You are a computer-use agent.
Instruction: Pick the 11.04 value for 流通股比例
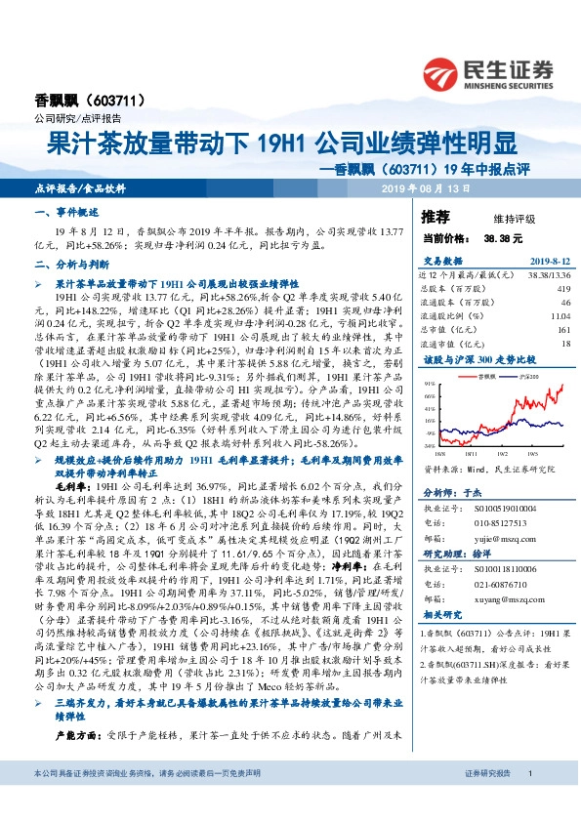(x=559, y=317)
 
